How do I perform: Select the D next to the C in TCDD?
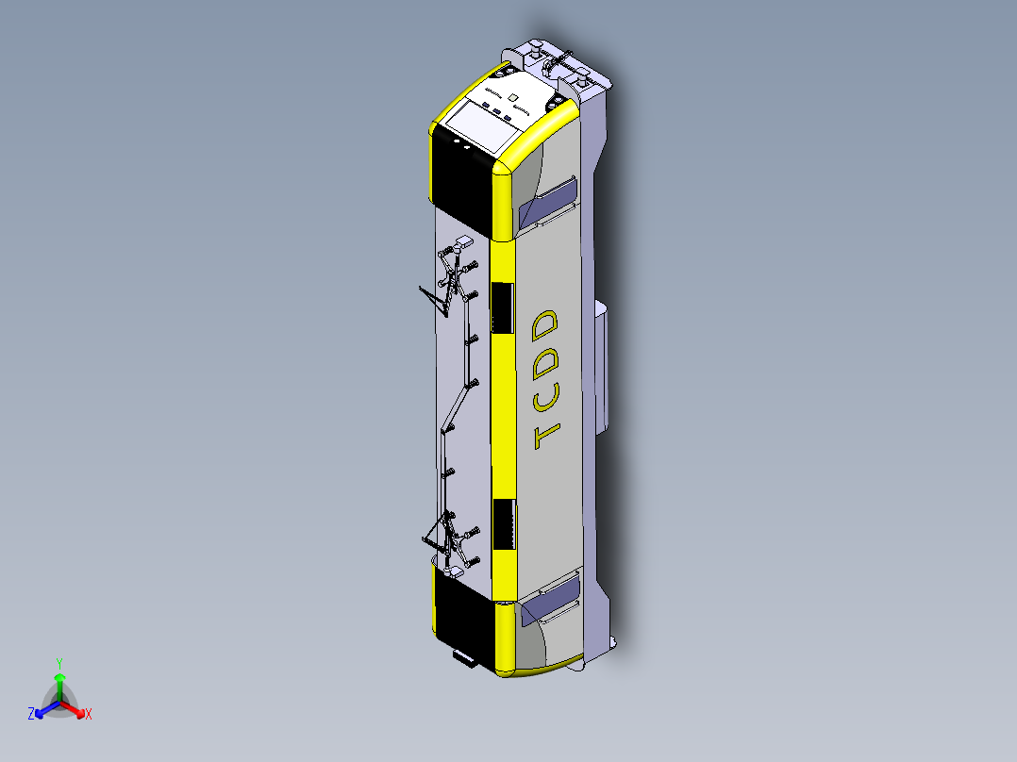[x=545, y=360]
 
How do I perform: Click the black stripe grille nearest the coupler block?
[x=505, y=525]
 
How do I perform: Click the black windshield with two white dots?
[x=462, y=184]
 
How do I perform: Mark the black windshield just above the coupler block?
[x=462, y=613]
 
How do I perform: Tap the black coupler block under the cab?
[x=465, y=657]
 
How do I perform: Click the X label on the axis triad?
[x=89, y=715]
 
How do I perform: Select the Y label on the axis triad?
[x=59, y=663]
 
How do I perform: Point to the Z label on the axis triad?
[x=31, y=714]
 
